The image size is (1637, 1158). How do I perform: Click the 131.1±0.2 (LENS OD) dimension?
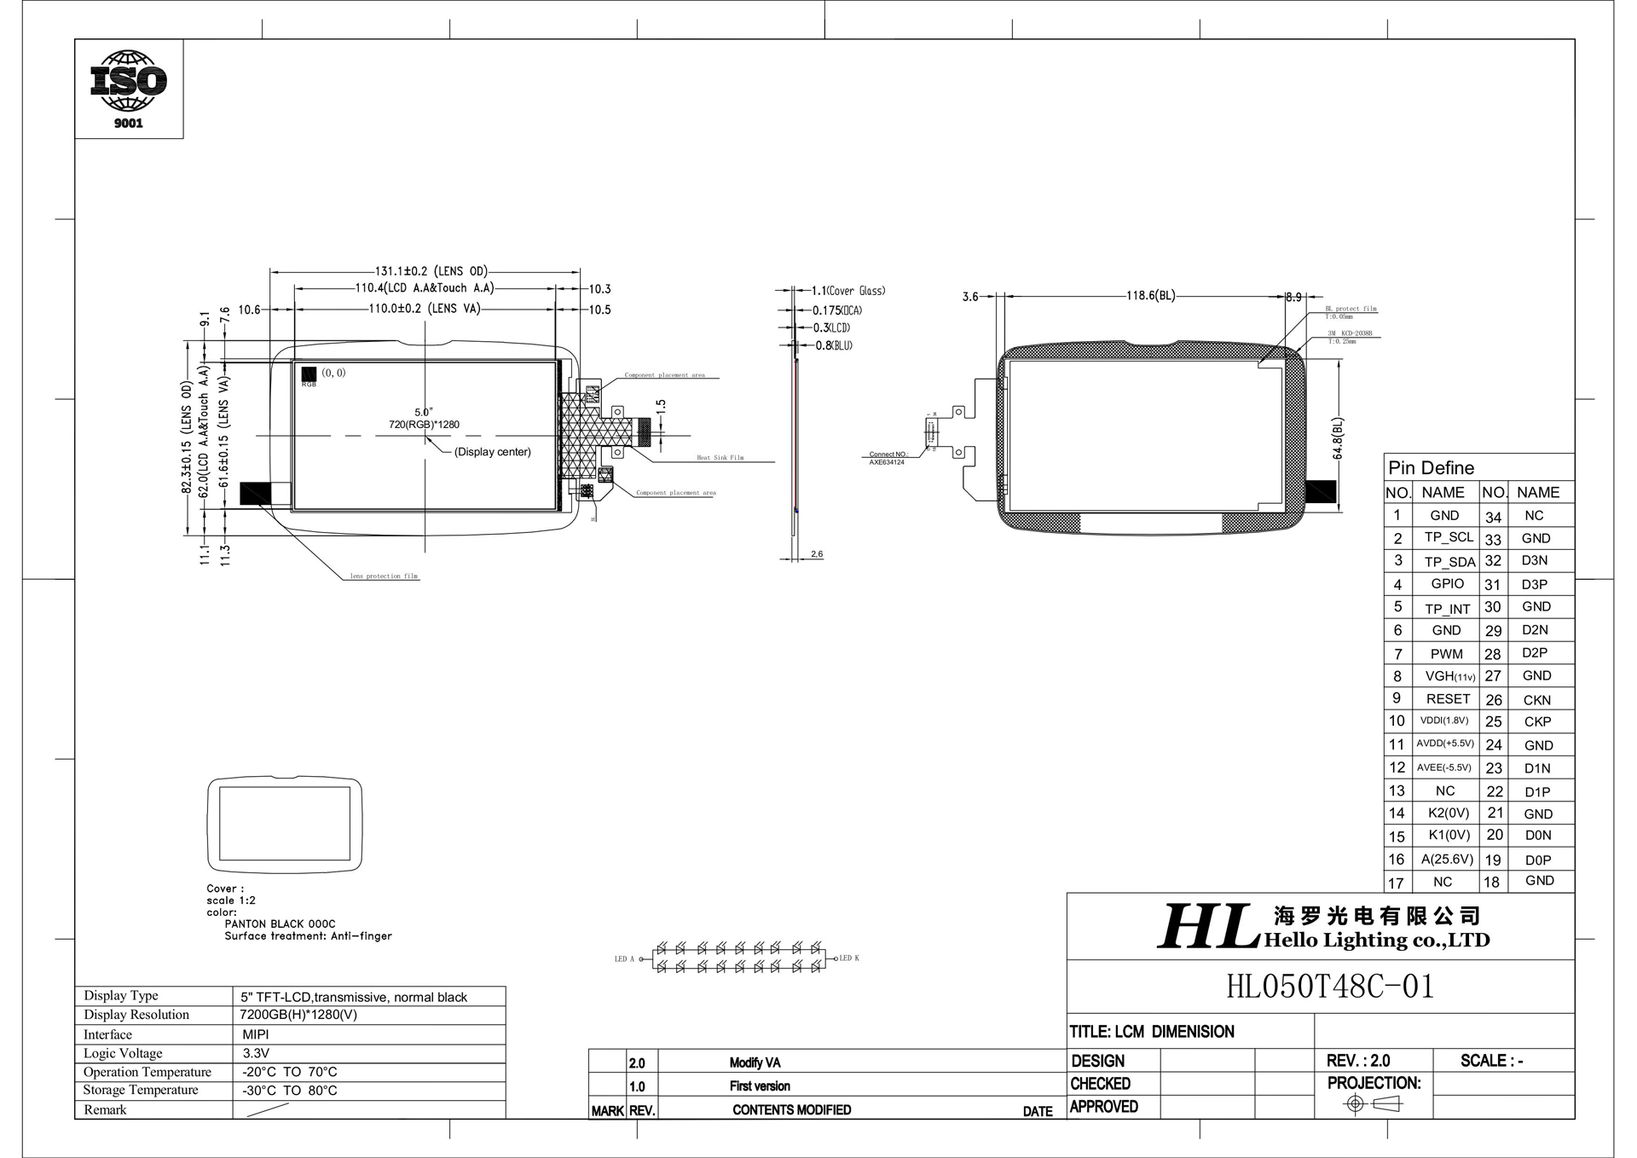[431, 271]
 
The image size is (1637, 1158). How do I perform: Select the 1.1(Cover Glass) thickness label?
[848, 291]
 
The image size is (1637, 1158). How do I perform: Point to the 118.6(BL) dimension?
[1151, 296]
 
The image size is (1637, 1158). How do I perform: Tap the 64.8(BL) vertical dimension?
[1339, 438]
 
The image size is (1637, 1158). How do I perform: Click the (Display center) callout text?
[492, 452]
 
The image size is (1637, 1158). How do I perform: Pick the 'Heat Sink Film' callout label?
[720, 458]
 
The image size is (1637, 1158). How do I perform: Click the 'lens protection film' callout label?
[384, 576]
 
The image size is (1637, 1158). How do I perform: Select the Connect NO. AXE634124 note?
[888, 458]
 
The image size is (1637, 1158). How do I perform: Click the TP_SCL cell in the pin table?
[1448, 537]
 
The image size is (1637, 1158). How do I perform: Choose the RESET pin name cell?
[1448, 698]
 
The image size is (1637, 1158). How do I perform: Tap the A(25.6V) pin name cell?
[1447, 859]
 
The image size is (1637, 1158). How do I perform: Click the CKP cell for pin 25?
[1537, 721]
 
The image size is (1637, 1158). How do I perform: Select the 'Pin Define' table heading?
[1431, 468]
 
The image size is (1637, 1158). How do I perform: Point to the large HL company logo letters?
[1207, 927]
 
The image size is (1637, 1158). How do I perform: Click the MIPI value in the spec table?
[256, 1034]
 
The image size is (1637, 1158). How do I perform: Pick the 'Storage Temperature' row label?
[141, 1090]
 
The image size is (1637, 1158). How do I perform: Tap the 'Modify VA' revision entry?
[755, 1062]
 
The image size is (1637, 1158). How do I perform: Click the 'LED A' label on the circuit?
[625, 959]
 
